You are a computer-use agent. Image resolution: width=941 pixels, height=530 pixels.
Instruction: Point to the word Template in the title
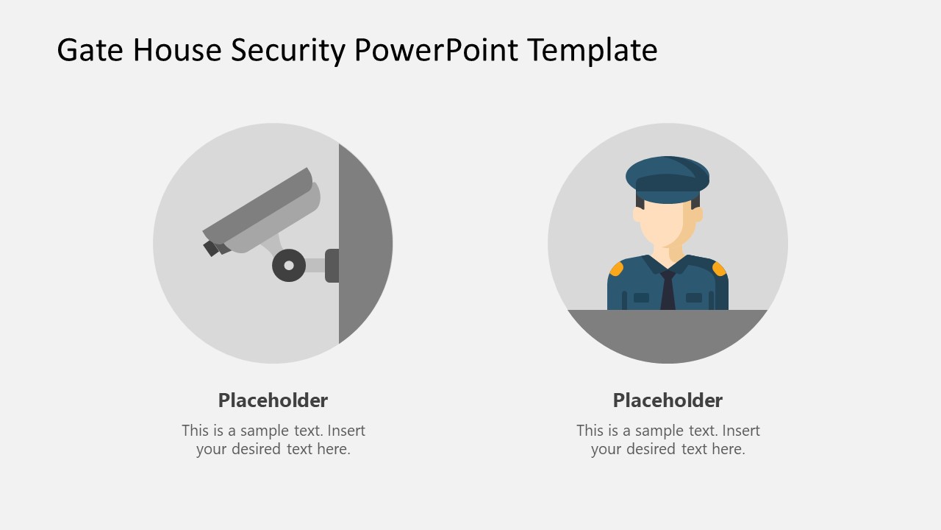593,50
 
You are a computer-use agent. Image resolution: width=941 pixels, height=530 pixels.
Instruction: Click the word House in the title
178,50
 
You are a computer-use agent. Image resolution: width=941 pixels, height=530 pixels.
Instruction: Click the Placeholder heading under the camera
273,400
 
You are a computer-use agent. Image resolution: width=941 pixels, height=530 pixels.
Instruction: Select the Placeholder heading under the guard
668,400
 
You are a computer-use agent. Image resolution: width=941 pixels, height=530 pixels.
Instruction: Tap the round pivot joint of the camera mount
289,265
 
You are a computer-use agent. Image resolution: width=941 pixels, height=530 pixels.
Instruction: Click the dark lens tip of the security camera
211,248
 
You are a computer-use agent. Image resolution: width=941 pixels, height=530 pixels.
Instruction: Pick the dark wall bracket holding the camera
332,265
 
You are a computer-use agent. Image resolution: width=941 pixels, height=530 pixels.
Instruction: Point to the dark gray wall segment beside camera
365,243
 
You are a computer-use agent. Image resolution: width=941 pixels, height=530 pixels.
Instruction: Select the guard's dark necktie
668,291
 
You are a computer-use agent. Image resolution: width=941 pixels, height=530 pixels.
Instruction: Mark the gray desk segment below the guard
668,335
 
